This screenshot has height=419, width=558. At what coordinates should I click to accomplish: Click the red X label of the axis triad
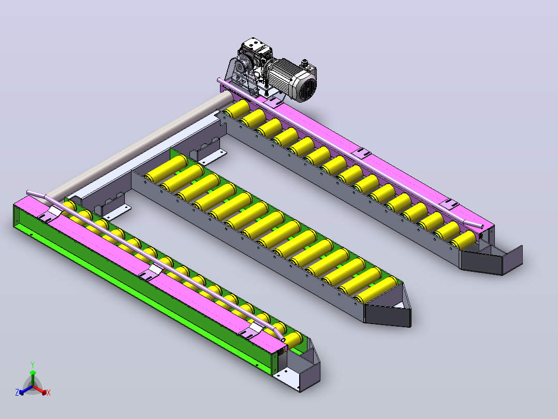pyautogui.click(x=49, y=393)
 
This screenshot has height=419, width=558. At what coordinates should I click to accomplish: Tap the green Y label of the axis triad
pyautogui.click(x=33, y=365)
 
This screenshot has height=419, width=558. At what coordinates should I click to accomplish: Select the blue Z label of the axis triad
pyautogui.click(x=17, y=393)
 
